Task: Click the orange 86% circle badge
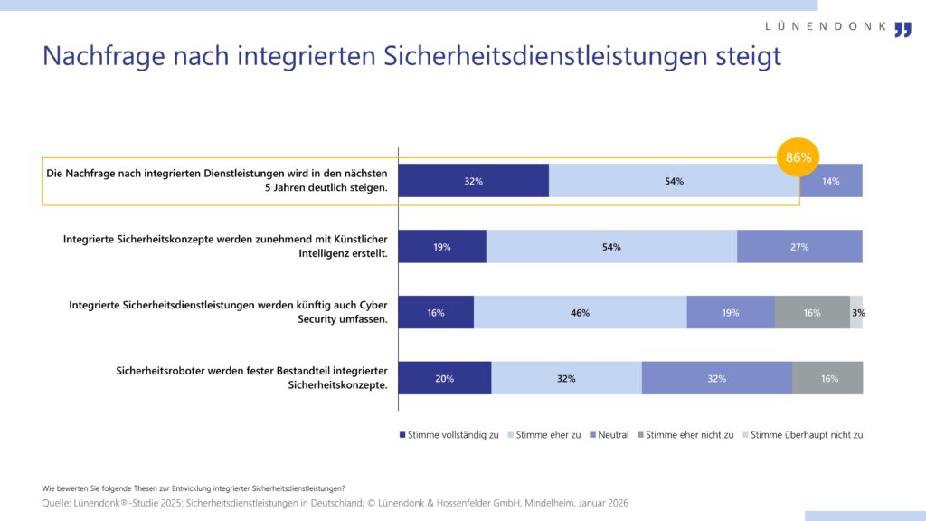coord(798,157)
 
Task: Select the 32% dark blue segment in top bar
coord(473,181)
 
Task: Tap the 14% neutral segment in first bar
coord(830,181)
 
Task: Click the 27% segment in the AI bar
coord(799,247)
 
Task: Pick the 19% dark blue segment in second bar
coord(442,247)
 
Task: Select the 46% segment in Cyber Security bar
coord(580,313)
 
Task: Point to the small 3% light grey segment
coord(856,313)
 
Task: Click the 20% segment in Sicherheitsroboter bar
coord(444,379)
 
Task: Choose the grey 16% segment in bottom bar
coord(827,379)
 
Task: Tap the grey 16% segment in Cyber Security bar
coord(811,313)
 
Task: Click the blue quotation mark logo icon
coord(902,29)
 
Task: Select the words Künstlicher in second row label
coord(354,239)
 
